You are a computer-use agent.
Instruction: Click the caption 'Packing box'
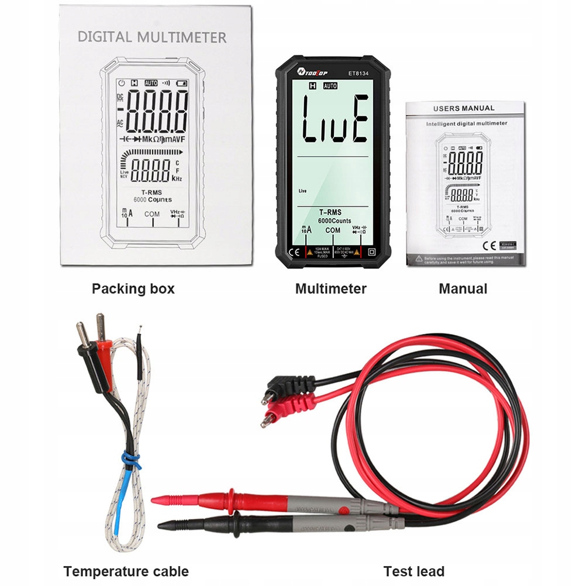133,288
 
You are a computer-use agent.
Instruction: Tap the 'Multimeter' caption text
330,288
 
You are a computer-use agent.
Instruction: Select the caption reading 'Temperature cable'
126,571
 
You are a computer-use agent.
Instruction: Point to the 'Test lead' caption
413,571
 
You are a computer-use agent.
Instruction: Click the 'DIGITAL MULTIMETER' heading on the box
152,37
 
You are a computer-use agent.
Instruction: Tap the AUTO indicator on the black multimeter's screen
330,86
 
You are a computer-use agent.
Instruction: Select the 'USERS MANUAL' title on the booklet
464,108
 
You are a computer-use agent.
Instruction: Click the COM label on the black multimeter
333,230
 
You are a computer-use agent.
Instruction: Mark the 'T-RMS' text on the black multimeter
331,212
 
